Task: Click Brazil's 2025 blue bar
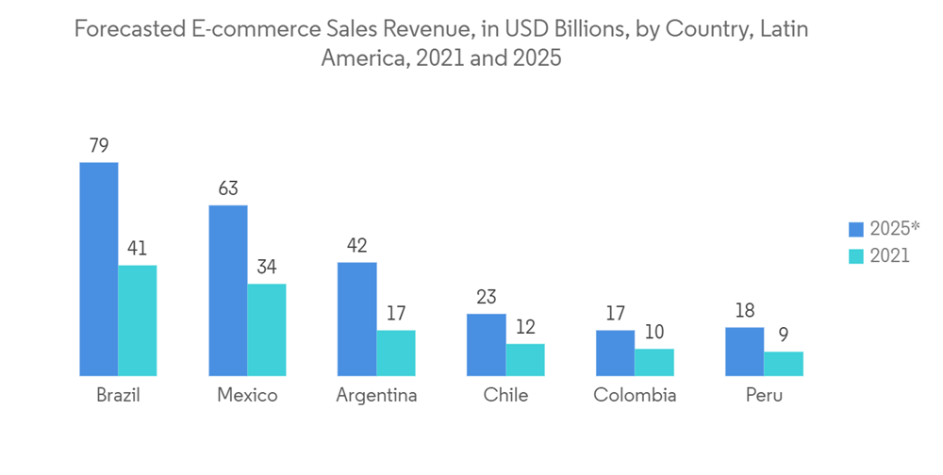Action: (x=99, y=270)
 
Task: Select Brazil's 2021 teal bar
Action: (x=138, y=320)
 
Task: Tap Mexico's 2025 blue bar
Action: (x=228, y=290)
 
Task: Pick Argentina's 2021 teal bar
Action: (x=396, y=353)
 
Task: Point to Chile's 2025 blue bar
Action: (x=487, y=345)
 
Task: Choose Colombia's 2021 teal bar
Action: (x=654, y=363)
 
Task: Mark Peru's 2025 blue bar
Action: (x=745, y=352)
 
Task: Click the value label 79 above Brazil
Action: (x=99, y=146)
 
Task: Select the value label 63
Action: (x=228, y=188)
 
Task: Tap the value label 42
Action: (x=357, y=246)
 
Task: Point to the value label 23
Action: (x=487, y=298)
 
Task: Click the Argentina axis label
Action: (x=376, y=396)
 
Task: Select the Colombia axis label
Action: (x=635, y=396)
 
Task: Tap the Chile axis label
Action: (x=505, y=396)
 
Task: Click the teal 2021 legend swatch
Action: (x=856, y=256)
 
